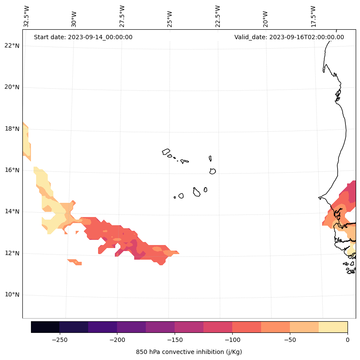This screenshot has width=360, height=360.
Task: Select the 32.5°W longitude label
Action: click(27, 16)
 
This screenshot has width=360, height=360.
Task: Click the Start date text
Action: click(83, 37)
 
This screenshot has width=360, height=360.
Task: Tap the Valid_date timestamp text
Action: click(289, 37)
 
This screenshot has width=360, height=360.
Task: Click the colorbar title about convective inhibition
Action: click(189, 352)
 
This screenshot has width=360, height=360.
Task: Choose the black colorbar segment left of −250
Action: click(45, 327)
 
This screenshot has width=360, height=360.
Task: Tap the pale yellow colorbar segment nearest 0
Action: click(333, 327)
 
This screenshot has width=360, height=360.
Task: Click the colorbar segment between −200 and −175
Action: click(131, 327)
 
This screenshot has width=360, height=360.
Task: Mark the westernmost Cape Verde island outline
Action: click(166, 152)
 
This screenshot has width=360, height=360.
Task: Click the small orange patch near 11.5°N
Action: click(74, 261)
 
